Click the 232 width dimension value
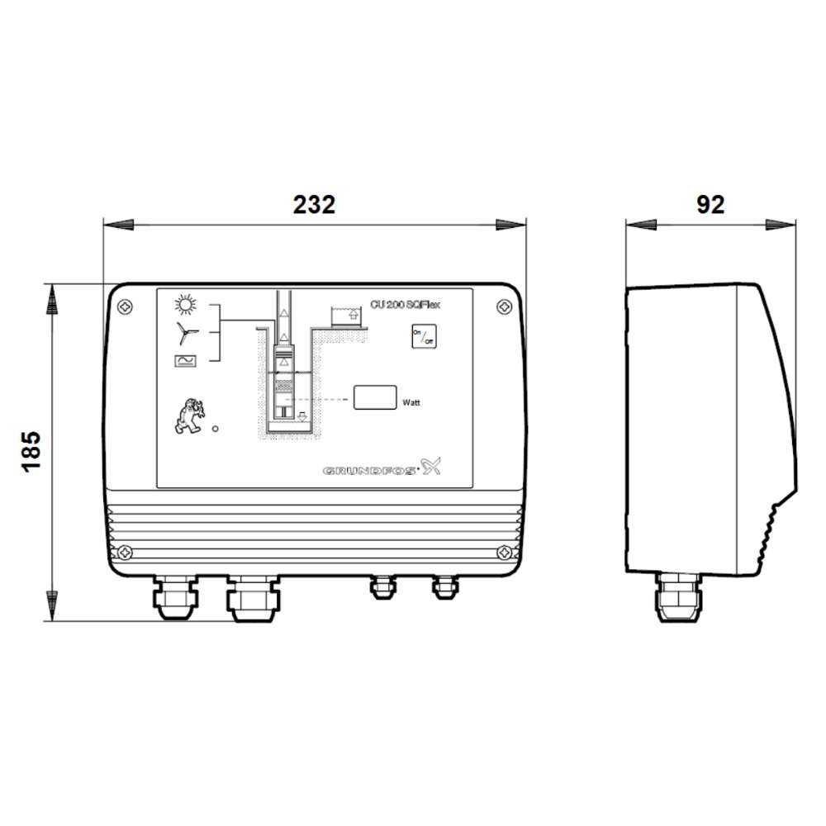click(314, 205)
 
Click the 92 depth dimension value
click(710, 205)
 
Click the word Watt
click(411, 403)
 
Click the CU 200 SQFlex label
click(405, 304)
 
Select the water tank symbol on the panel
click(347, 316)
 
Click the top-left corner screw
click(124, 306)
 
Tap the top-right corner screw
click(504, 306)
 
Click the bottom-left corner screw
click(124, 551)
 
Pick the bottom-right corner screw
click(504, 551)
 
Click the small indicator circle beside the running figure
click(216, 429)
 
